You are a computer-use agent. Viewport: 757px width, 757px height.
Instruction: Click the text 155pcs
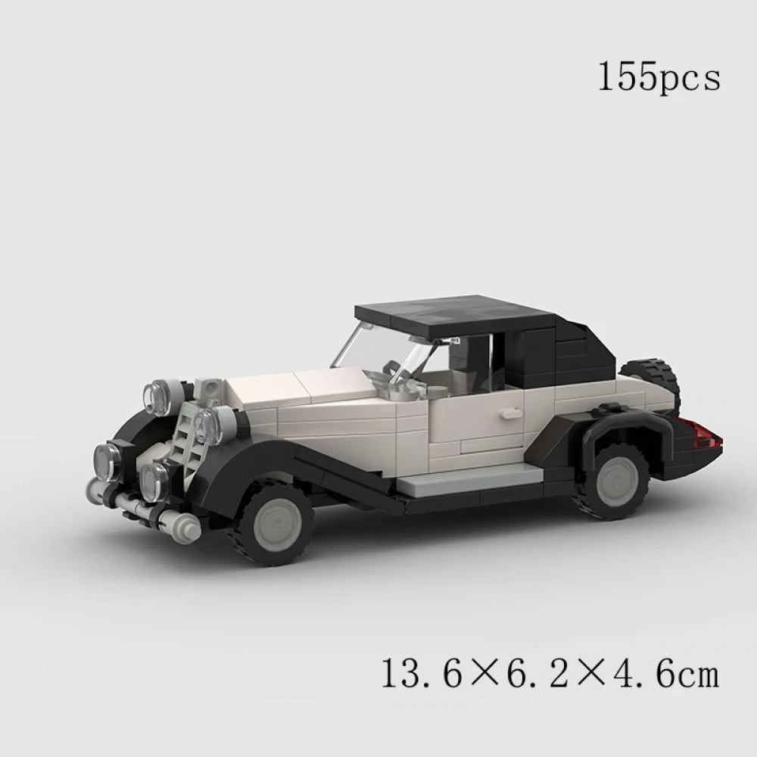[x=659, y=78]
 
